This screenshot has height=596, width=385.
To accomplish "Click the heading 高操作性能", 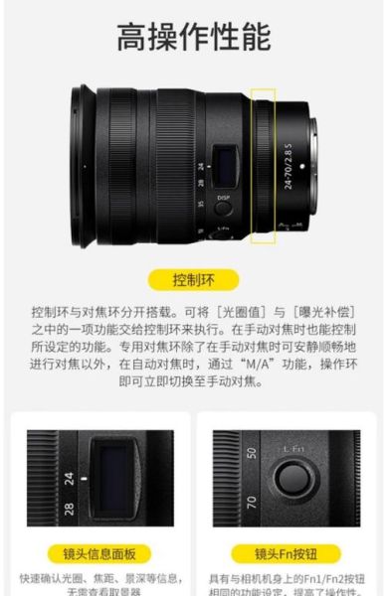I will click(x=192, y=37).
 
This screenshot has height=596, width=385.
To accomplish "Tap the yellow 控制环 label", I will click(x=192, y=279).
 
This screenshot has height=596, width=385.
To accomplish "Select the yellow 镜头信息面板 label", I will click(x=99, y=553).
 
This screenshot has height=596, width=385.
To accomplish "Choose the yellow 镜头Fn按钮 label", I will click(x=285, y=553).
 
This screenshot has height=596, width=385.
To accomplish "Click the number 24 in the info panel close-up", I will click(x=70, y=477).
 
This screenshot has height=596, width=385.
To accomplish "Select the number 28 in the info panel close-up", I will click(x=70, y=509).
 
